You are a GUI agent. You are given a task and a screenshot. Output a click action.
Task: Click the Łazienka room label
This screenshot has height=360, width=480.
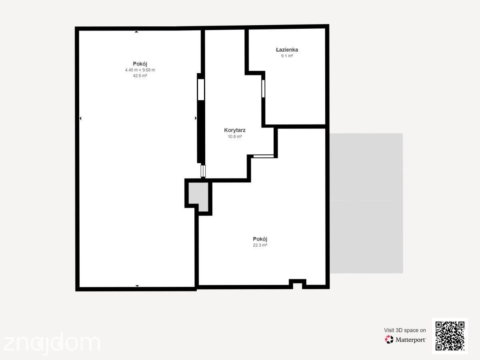point(287,50)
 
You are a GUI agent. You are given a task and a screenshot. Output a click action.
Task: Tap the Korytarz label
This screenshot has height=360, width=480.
point(235,130)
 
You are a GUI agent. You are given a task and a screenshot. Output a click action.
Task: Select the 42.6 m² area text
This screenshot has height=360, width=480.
point(140,76)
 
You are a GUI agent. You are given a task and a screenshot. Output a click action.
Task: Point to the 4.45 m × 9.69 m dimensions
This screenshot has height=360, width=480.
point(140,70)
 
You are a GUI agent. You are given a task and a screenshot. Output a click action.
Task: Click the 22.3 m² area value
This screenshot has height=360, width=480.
point(260,245)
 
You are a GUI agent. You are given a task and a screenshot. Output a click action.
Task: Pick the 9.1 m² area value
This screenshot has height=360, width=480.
point(287,56)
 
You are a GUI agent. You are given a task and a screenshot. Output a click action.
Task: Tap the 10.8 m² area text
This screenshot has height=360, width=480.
point(235,136)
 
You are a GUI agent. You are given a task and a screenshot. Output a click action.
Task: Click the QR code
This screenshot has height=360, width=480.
point(450,336)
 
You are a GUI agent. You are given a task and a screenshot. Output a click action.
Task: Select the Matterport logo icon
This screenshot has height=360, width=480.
point(389,340)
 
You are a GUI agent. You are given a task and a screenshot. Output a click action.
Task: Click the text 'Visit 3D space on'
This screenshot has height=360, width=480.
point(405,330)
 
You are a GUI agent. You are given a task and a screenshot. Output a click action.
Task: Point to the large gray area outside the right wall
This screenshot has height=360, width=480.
point(366,203)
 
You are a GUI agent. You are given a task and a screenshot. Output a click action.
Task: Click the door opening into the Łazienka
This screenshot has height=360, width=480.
point(263,88)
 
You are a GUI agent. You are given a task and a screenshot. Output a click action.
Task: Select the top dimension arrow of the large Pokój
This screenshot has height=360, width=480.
point(136,32)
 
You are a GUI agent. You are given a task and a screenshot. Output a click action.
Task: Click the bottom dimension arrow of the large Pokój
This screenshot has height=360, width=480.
point(137,286)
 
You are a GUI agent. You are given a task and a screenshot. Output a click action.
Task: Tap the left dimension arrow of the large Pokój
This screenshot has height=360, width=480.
point(80,118)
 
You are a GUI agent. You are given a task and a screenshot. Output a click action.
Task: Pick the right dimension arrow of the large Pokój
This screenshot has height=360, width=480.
point(196,118)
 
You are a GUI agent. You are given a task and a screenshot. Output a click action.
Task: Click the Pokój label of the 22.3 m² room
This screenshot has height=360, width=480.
point(260,239)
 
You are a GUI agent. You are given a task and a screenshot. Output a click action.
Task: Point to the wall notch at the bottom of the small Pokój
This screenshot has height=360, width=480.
point(298,284)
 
